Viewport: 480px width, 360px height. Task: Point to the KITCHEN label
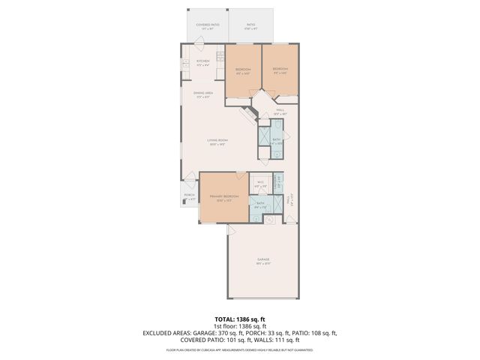[202, 61]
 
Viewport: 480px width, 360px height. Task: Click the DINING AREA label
[204, 93]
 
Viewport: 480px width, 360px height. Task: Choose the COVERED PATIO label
[207, 25]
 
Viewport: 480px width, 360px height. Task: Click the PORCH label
[190, 197]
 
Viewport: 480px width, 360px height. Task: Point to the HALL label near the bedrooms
[280, 110]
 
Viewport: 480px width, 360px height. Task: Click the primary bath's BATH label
[260, 203]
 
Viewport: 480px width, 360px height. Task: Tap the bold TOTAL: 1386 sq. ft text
[240, 318]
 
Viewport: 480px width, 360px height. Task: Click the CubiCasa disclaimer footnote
[240, 349]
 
